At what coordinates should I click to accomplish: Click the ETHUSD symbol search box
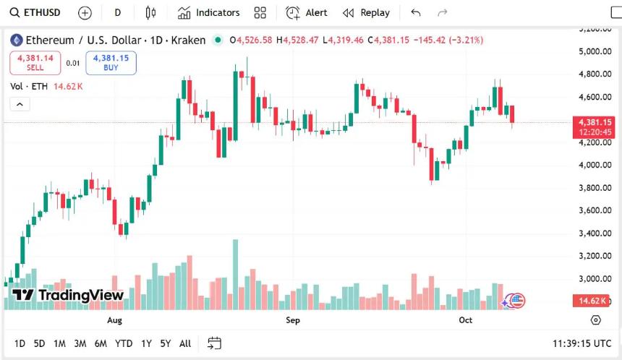(x=36, y=12)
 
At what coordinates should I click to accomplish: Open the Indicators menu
(x=208, y=12)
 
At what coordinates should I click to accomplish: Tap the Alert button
(x=307, y=12)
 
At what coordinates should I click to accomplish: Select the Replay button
(x=366, y=12)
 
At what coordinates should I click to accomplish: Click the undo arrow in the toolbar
(x=415, y=12)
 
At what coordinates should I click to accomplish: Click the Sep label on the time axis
(x=292, y=320)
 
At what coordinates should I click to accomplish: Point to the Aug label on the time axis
(x=114, y=320)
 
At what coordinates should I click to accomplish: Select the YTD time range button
(x=124, y=343)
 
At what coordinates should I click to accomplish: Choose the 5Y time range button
(x=166, y=343)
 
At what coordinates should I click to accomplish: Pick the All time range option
(x=185, y=343)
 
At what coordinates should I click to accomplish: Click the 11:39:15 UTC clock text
(x=581, y=343)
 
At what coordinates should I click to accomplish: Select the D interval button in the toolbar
(x=118, y=12)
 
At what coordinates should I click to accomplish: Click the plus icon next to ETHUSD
(x=85, y=12)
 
